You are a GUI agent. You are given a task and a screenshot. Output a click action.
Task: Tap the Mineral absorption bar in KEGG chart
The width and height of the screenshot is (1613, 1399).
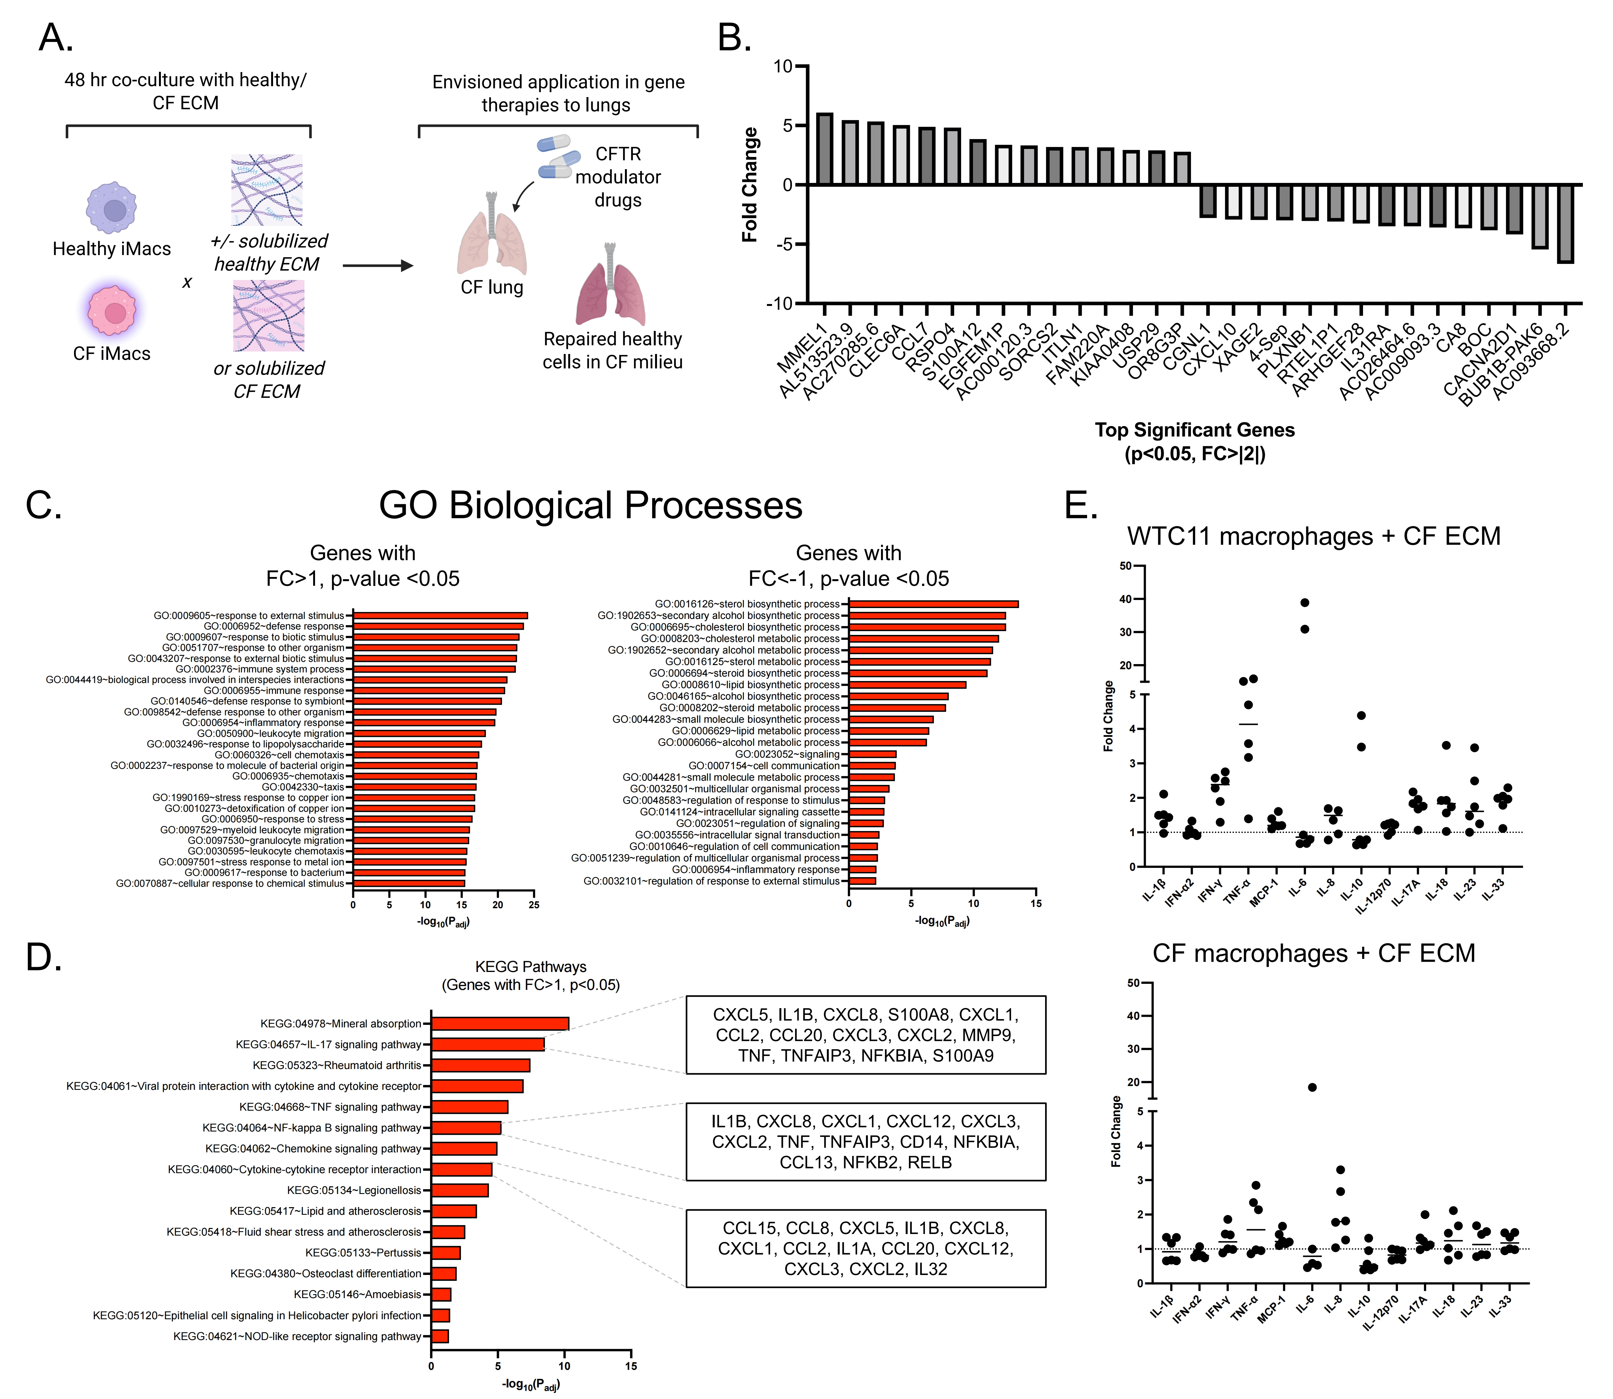click(500, 1024)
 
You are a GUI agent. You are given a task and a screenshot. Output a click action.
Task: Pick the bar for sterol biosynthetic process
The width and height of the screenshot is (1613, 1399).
click(934, 604)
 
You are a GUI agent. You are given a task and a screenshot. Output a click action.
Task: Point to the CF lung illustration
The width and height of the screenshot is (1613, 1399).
click(491, 234)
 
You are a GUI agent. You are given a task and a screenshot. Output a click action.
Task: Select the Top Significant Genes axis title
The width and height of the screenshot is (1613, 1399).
click(1194, 430)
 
